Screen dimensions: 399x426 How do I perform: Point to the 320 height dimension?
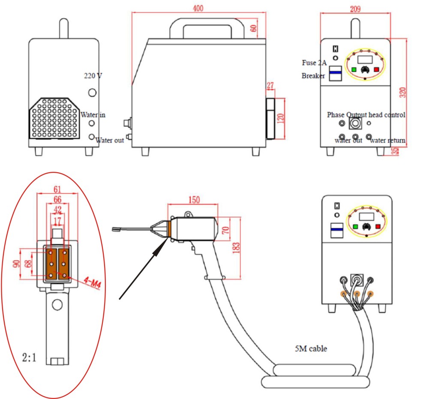pos(402,92)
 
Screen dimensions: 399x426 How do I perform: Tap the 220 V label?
pos(93,76)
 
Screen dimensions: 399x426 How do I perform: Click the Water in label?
pos(93,115)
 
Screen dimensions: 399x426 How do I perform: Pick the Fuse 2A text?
pos(314,63)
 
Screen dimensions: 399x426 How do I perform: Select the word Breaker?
pos(313,76)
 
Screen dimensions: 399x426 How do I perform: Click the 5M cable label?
pos(310,349)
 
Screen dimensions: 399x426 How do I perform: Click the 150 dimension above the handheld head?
pos(193,200)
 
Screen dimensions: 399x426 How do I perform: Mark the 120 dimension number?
pos(279,118)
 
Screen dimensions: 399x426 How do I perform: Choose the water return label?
pos(387,140)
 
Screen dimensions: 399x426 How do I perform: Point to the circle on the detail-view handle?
pos(57,305)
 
